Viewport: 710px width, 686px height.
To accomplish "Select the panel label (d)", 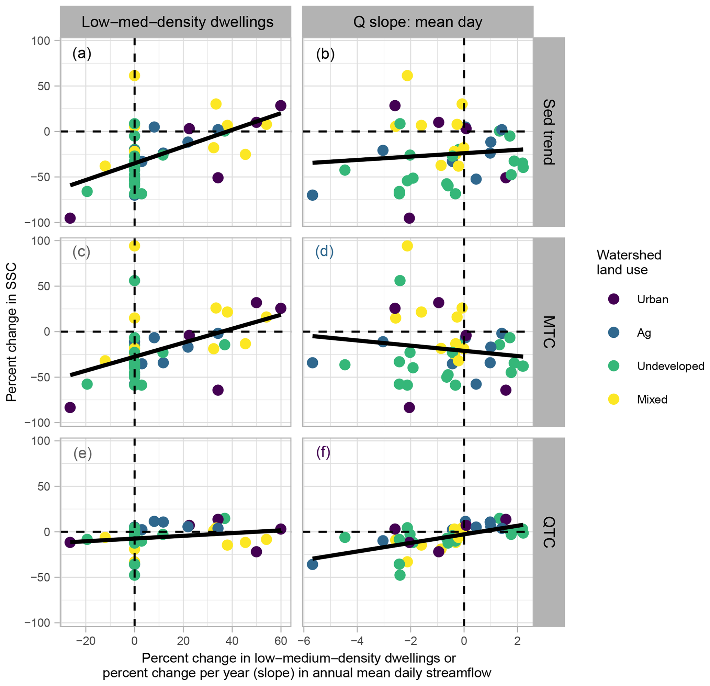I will [x=324, y=251].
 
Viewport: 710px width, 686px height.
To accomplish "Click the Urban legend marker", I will [x=613, y=299].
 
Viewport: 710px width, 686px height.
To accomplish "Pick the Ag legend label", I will [x=644, y=333].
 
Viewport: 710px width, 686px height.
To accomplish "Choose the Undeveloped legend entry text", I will [x=670, y=366].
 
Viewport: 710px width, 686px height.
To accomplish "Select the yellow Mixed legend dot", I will [x=613, y=400].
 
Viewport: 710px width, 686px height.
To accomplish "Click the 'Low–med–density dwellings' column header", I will [x=177, y=22].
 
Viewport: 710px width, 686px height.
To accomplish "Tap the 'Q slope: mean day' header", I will [x=418, y=22].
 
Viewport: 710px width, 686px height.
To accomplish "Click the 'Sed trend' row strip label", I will [x=549, y=132].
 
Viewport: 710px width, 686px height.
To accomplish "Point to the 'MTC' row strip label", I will [x=549, y=332].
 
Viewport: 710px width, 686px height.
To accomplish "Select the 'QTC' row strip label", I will [x=549, y=532].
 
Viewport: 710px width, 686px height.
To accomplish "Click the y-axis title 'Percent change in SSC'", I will [x=12, y=333].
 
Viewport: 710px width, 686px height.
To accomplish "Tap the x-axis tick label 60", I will [x=281, y=641].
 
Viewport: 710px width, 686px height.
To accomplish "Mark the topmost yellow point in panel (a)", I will [x=134, y=76].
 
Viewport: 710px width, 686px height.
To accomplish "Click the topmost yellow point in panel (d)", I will [x=407, y=246].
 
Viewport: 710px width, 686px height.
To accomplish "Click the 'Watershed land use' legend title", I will [x=629, y=262].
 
